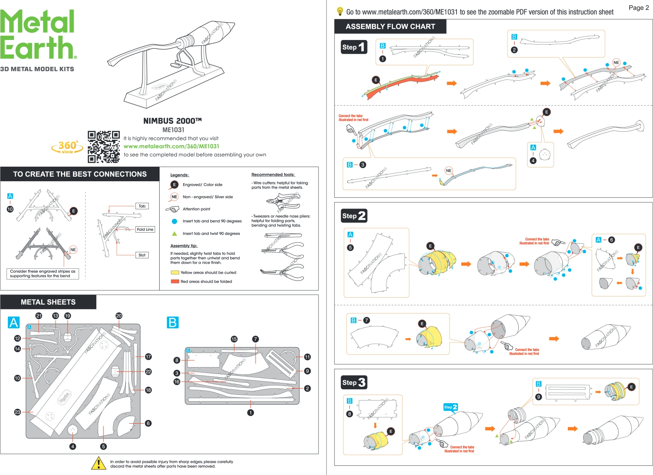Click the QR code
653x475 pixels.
104,147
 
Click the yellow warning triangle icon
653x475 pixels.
99,463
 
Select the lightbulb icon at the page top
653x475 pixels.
340,11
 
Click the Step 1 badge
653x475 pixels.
354,47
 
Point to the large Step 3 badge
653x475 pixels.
354,382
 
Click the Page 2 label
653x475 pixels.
638,8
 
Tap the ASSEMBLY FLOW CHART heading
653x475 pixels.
390,26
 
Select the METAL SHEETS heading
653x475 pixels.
48,302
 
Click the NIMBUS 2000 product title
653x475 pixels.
172,121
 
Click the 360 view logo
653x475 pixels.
68,147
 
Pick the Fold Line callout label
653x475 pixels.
145,229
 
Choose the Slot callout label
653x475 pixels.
142,255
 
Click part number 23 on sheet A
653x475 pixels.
17,412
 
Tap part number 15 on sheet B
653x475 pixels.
234,339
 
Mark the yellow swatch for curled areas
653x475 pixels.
175,273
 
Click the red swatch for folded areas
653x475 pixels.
175,281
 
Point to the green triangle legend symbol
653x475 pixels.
175,233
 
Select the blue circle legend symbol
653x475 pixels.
175,221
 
